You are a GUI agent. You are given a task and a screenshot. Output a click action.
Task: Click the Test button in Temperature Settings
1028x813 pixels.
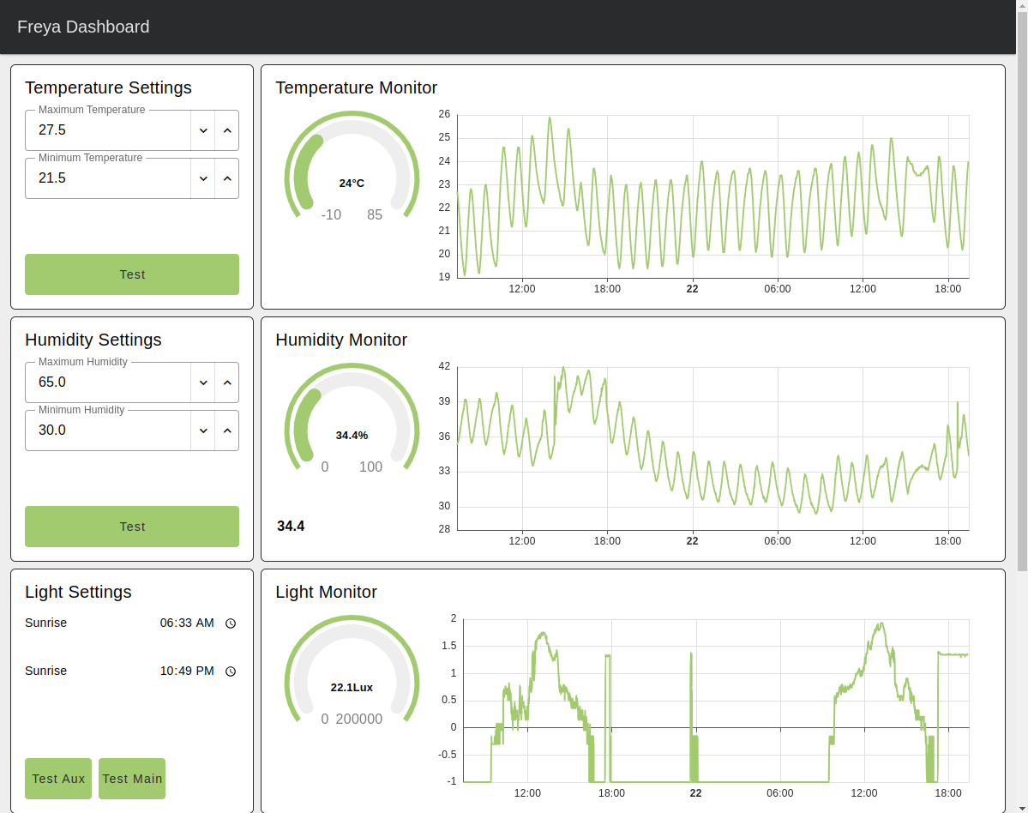tap(132, 274)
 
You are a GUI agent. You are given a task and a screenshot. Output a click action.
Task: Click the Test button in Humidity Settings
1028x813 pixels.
tap(132, 527)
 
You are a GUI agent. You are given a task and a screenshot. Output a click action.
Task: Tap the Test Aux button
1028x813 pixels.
tap(58, 779)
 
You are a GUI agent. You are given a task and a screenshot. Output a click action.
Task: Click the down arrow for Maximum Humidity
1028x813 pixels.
tap(203, 382)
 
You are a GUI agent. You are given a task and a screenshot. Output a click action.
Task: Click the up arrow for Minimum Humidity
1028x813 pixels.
tap(227, 431)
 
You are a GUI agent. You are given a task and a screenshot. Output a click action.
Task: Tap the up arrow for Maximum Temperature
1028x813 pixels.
tap(227, 130)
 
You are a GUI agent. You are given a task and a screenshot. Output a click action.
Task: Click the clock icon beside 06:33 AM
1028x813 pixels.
tap(231, 623)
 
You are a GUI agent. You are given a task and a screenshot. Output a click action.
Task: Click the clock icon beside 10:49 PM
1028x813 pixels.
tap(231, 671)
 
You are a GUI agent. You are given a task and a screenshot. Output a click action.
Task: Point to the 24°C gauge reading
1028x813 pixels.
tap(352, 184)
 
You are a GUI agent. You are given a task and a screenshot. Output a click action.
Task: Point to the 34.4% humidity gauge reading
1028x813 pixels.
tap(352, 436)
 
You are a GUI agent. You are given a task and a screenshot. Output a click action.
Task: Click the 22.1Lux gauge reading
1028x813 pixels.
tap(352, 688)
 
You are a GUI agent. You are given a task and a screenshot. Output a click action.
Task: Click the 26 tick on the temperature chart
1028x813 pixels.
tap(444, 114)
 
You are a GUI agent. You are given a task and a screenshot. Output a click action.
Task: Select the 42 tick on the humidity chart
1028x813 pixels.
tap(444, 366)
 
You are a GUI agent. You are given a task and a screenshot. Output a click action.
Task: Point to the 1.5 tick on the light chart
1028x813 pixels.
tap(448, 646)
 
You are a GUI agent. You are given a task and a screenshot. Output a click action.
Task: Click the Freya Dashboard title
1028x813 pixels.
tap(83, 27)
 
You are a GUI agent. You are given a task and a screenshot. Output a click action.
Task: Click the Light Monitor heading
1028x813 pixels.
tap(326, 592)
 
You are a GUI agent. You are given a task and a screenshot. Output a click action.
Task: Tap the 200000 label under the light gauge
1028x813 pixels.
tap(359, 720)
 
